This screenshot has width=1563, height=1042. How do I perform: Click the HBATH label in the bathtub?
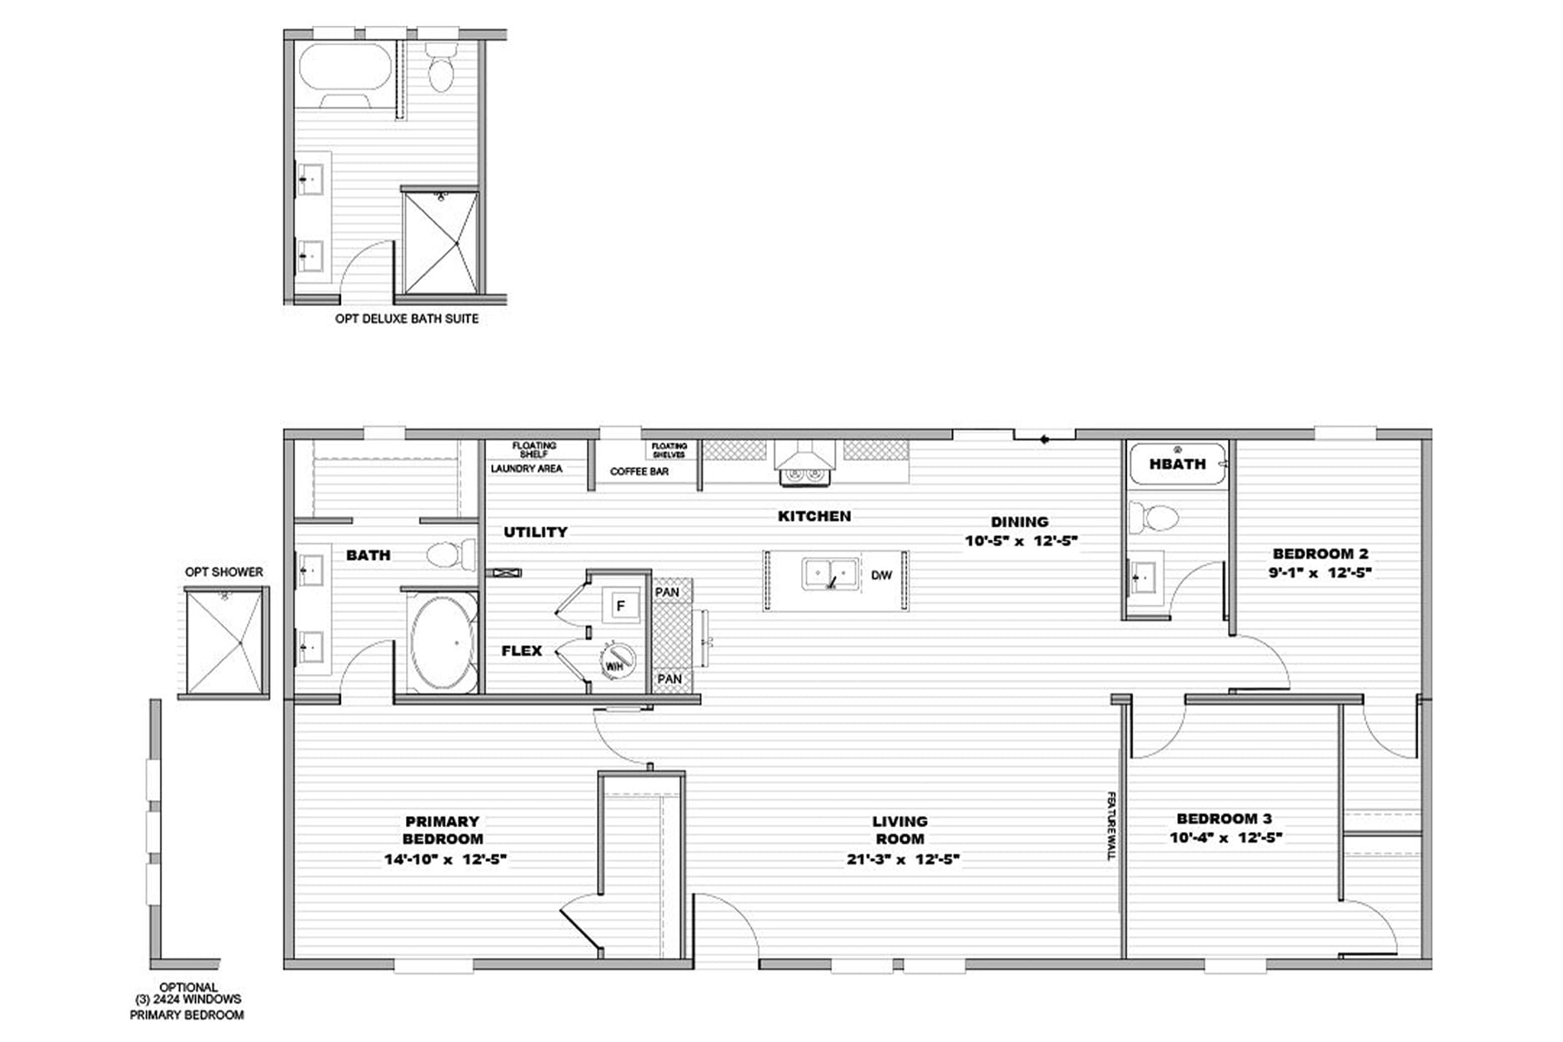tap(1177, 463)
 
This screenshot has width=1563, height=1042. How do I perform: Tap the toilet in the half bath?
tap(1155, 518)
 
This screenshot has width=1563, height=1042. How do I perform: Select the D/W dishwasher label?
tap(881, 575)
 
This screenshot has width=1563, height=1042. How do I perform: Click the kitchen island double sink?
tap(830, 574)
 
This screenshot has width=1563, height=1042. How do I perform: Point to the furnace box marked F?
tap(620, 606)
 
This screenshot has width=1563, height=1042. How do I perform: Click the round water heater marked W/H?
tap(618, 660)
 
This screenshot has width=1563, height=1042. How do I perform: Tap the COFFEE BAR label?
tap(639, 472)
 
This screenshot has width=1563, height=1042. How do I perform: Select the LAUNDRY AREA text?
tap(526, 469)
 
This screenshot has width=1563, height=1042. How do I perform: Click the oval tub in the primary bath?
tap(443, 643)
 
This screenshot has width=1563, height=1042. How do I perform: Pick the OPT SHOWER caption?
tap(223, 572)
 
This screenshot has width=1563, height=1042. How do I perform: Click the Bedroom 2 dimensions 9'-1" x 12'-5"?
tap(1320, 573)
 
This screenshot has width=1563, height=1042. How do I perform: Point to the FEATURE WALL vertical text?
tap(1111, 826)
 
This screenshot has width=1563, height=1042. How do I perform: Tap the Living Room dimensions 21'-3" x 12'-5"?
tap(904, 859)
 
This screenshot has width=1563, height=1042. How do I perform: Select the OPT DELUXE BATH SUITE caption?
tap(407, 318)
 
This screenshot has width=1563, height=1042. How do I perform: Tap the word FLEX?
tap(522, 651)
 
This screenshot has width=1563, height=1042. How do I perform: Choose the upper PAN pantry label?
tap(667, 593)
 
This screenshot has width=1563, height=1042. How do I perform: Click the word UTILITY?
tap(535, 532)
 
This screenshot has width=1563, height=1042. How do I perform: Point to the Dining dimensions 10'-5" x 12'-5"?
tap(1021, 541)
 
